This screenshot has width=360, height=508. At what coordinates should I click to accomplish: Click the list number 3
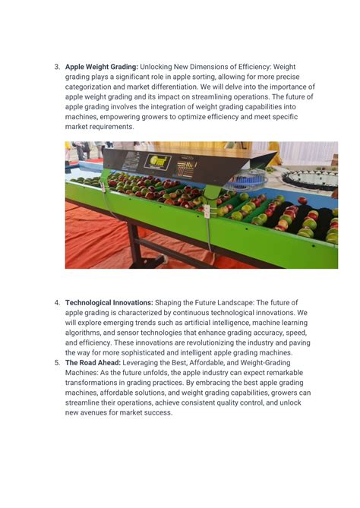pos(57,67)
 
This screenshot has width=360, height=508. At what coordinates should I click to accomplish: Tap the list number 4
pos(57,302)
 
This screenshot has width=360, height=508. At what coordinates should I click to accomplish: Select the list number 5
pos(57,362)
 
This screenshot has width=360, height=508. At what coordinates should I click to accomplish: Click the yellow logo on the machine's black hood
pos(158,161)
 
